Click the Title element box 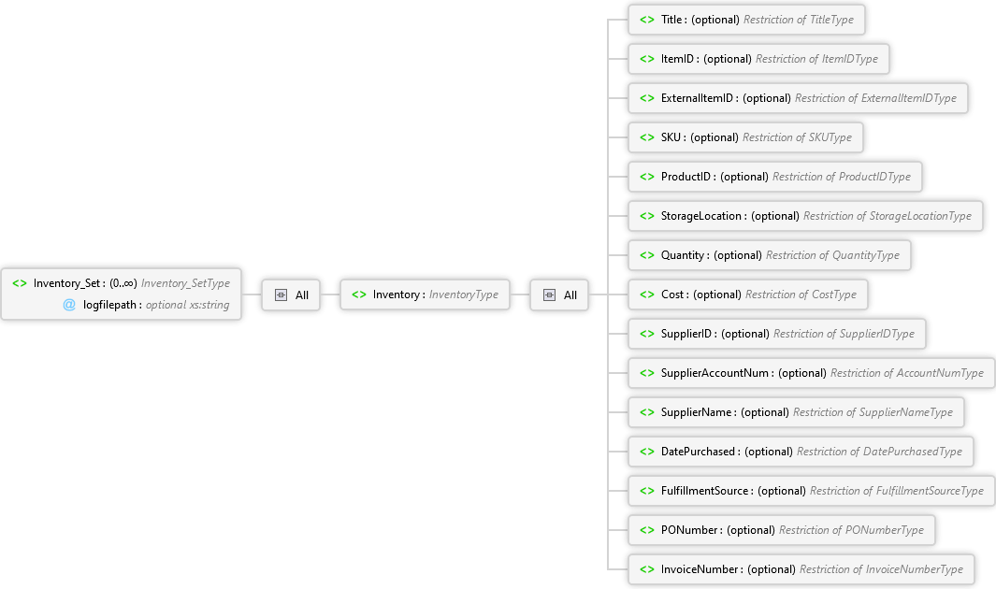[x=746, y=20]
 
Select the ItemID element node [x=758, y=59]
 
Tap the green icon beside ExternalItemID [x=646, y=98]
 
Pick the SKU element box [x=745, y=137]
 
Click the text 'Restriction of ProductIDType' [x=841, y=177]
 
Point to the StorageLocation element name [x=701, y=216]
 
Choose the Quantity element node [x=770, y=256]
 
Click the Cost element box [x=747, y=295]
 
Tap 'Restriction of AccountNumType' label [x=907, y=373]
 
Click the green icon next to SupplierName [x=646, y=412]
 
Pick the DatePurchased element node [x=801, y=452]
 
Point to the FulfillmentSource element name [x=704, y=491]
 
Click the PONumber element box [x=781, y=531]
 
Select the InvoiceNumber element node [x=801, y=570]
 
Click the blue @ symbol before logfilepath [x=69, y=306]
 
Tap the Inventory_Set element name [x=66, y=283]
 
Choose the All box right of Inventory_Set [x=291, y=295]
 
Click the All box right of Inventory [x=559, y=295]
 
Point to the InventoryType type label [x=464, y=295]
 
